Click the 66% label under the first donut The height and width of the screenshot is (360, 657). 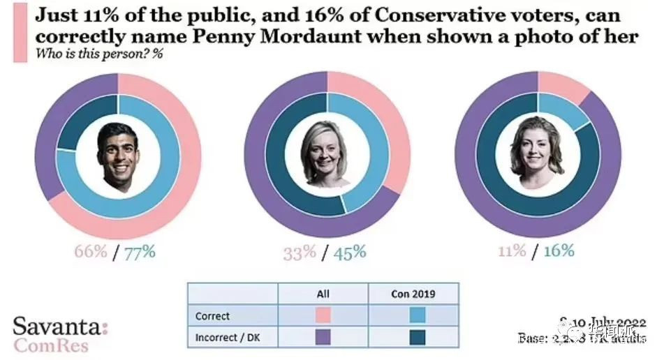click(90, 252)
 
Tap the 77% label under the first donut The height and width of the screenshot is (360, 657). click(140, 252)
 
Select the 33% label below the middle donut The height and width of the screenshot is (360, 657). click(300, 252)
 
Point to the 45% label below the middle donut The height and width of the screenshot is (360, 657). click(349, 252)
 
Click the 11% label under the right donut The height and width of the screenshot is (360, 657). click(511, 250)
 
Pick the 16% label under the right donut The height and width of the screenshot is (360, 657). click(558, 250)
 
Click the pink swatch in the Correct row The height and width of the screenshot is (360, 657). click(323, 315)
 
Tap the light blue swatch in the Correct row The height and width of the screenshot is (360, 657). click(414, 315)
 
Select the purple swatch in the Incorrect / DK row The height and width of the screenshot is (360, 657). click(323, 338)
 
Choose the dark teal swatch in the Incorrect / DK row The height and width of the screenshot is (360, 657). click(414, 338)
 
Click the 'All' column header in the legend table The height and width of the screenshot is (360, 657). click(323, 294)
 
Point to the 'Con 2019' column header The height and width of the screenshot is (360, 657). click(414, 294)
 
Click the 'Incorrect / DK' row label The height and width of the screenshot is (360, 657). click(223, 338)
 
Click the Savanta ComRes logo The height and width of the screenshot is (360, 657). click(60, 334)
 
